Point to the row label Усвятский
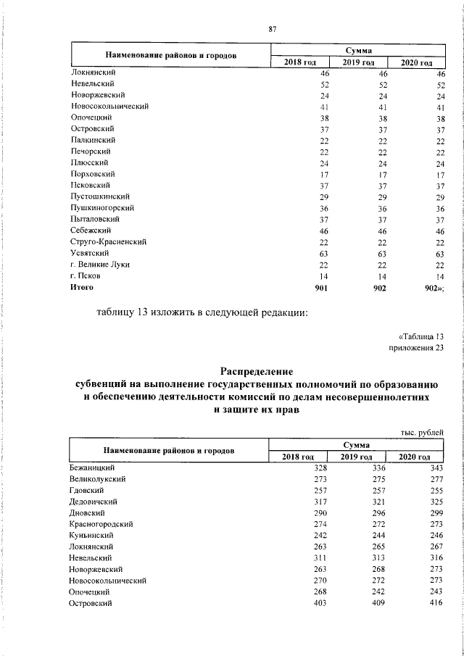(90, 252)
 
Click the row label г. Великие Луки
(101, 265)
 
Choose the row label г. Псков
(86, 276)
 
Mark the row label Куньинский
(94, 534)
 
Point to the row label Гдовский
(88, 491)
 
